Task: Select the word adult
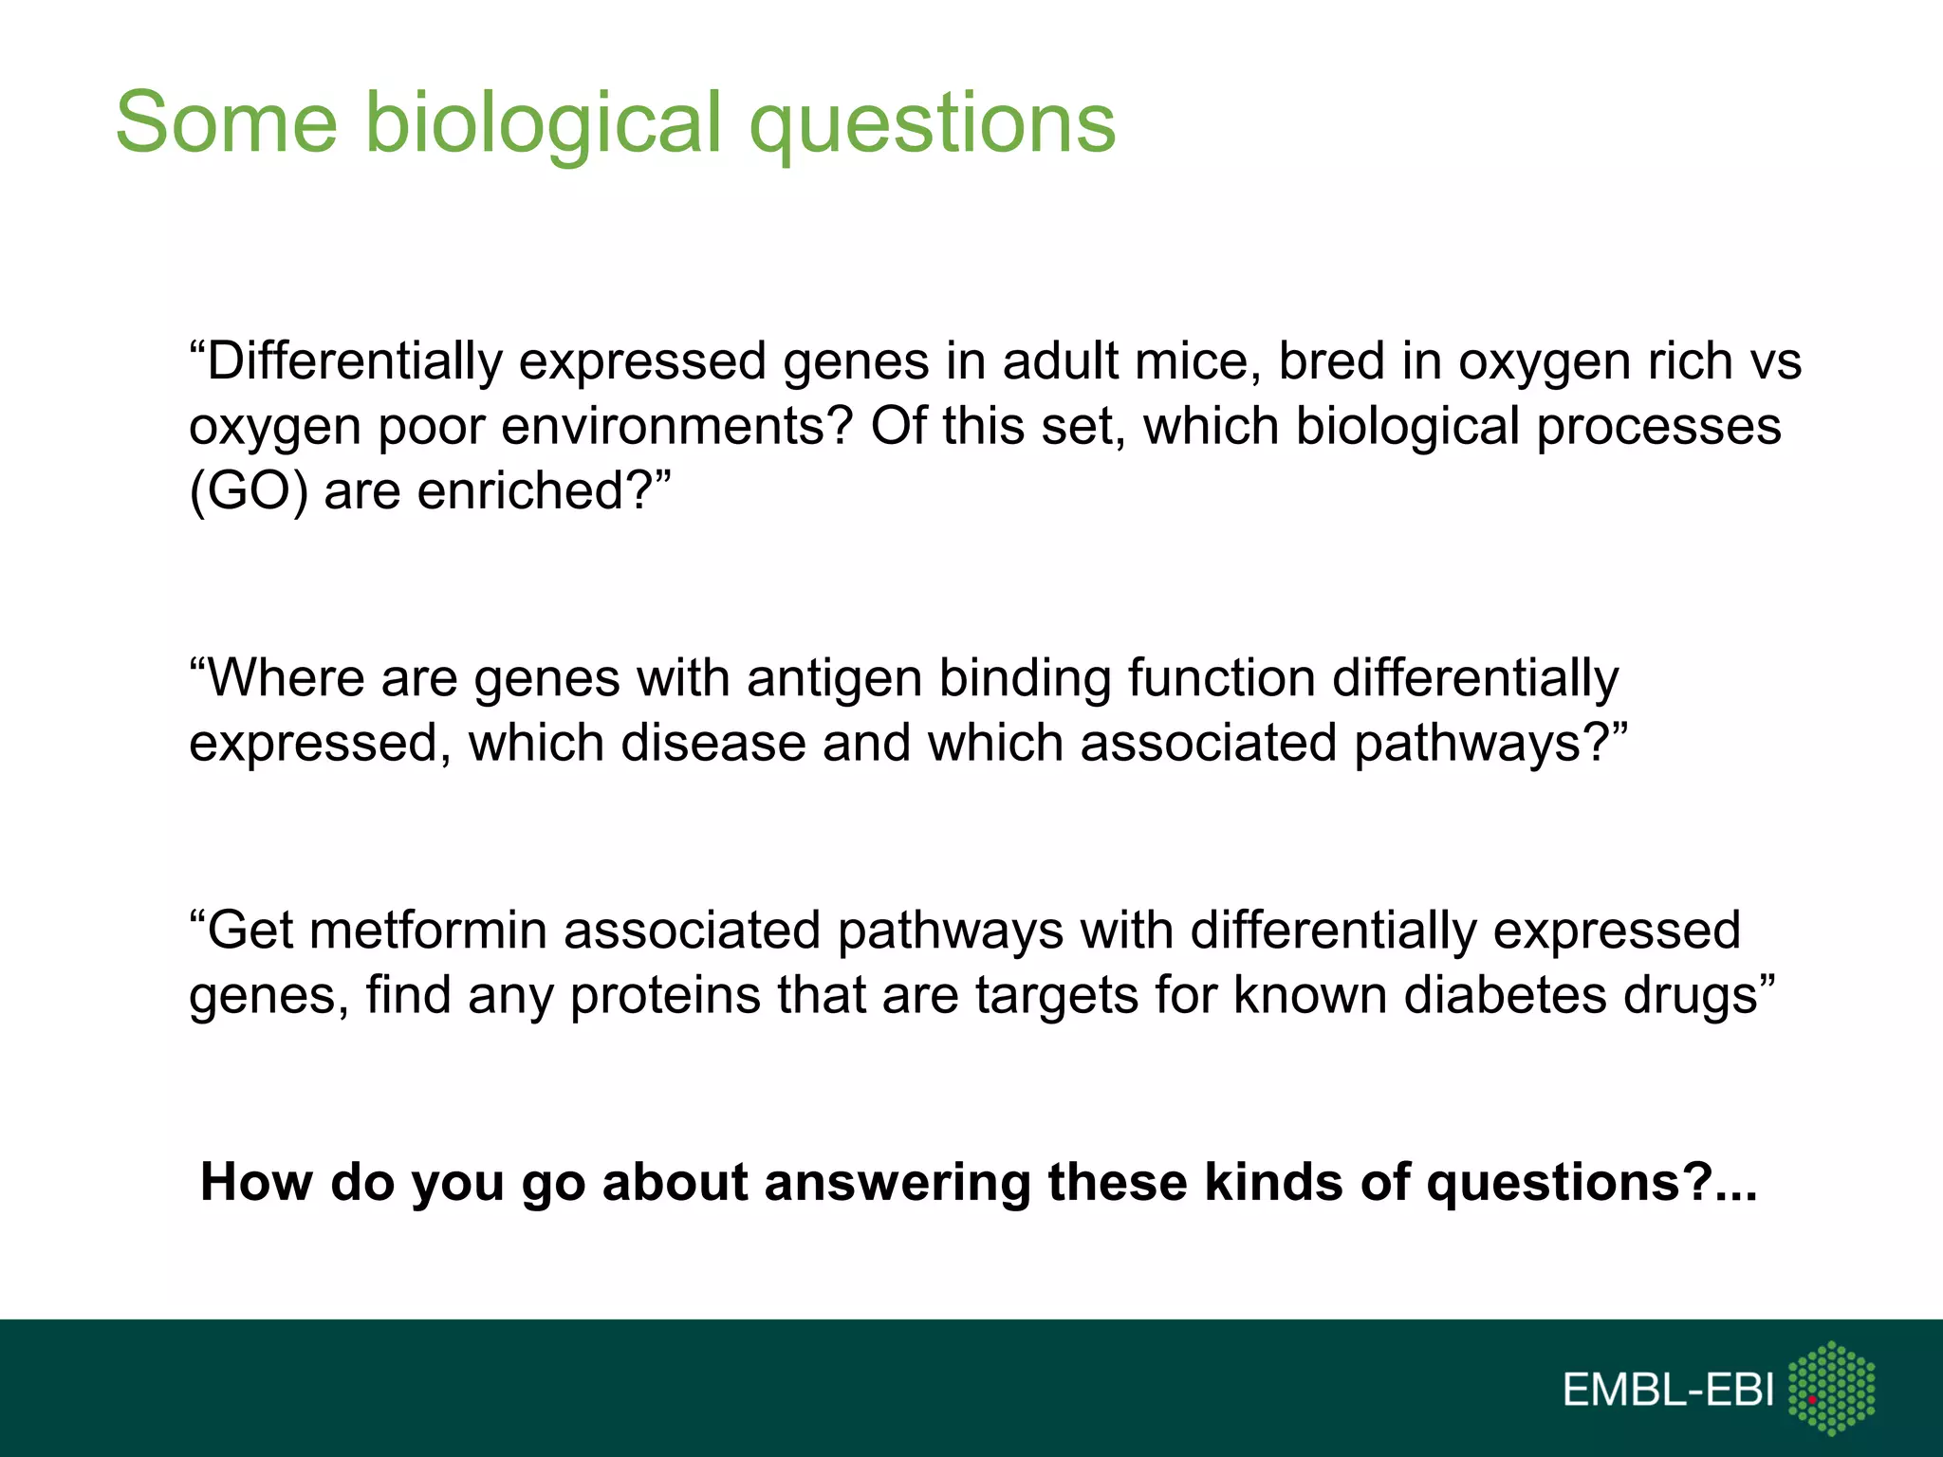click(x=1063, y=361)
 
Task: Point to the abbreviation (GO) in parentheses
click(x=249, y=491)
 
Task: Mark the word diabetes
click(x=1505, y=994)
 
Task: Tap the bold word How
click(x=257, y=1183)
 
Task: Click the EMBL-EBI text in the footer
click(x=1668, y=1390)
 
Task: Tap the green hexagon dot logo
click(x=1831, y=1387)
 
